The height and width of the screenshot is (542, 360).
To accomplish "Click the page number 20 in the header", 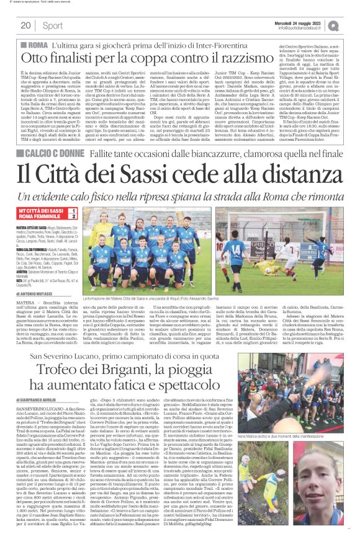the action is click(25, 25).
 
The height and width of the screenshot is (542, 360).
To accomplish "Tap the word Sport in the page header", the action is click(53, 25).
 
